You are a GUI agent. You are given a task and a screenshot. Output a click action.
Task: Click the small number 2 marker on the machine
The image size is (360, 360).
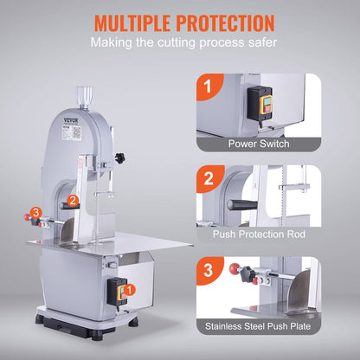[74, 201]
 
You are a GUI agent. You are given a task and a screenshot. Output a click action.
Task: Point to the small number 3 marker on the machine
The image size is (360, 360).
[35, 213]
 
